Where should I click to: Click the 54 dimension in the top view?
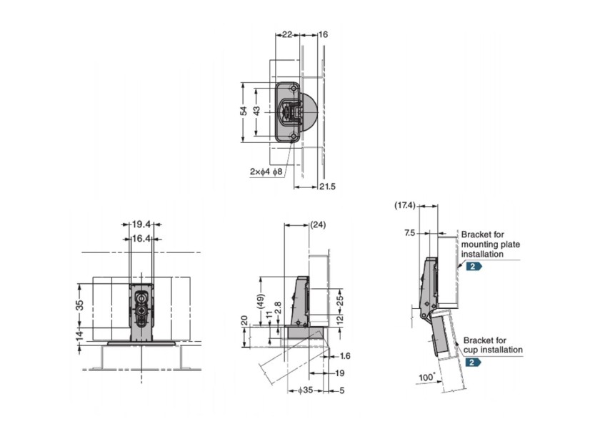click(x=244, y=112)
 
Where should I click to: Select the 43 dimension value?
click(x=256, y=112)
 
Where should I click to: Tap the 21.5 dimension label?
click(x=328, y=187)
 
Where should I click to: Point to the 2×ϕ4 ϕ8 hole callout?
click(x=267, y=172)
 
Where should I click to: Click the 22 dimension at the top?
click(x=286, y=34)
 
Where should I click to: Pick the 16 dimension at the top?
click(x=323, y=34)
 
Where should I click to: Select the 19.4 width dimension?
click(x=140, y=225)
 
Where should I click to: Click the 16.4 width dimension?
click(x=140, y=239)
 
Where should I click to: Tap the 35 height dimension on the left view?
click(x=80, y=304)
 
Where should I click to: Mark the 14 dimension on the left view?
click(x=80, y=333)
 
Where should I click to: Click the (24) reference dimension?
click(x=319, y=225)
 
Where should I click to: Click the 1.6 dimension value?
click(x=346, y=355)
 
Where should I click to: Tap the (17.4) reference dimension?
click(x=405, y=205)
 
